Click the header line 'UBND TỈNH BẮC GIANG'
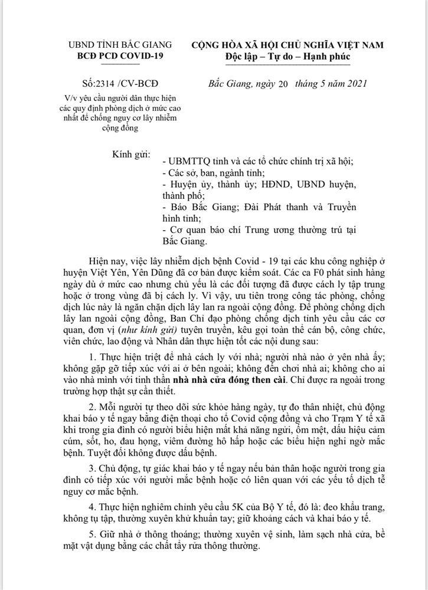coord(120,44)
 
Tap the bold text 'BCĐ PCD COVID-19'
coord(120,56)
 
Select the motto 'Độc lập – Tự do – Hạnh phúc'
coord(287,57)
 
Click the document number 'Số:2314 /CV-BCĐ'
coord(121,83)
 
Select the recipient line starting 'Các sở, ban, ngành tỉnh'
coord(214,173)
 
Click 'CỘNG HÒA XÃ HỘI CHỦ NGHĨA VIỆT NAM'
coord(287,44)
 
